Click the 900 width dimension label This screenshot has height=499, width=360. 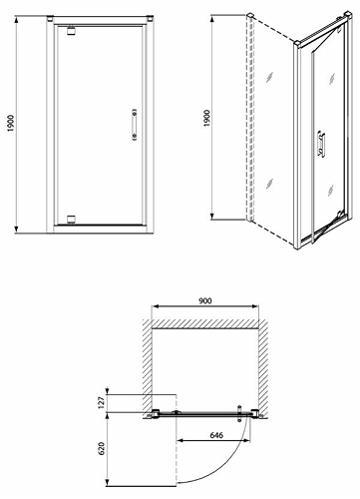pos(205,300)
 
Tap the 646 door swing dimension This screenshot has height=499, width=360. pos(216,435)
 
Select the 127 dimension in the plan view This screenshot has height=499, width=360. pos(102,402)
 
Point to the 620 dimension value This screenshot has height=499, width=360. pos(102,448)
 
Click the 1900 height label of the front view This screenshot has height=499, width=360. pos(11,123)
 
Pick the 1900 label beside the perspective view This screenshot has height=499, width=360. pos(206,118)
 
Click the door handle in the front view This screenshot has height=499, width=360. pos(135,125)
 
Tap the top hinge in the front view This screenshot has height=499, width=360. pos(72,30)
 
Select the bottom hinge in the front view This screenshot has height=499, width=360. pos(72,220)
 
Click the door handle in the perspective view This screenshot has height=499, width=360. pos(321,144)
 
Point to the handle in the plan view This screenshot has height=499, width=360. pos(239,413)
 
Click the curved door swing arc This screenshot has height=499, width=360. pos(226,467)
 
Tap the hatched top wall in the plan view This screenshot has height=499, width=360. pos(205,324)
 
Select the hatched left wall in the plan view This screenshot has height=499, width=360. pos(148,365)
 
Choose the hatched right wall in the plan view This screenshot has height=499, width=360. pos(263,365)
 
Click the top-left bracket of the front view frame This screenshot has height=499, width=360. pos(50,18)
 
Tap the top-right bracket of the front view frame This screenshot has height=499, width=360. pos(150,18)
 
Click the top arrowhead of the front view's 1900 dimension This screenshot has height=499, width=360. pos(16,19)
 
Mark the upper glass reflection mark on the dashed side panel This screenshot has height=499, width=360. pos(269,77)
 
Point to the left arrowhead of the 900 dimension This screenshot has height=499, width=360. pos(155,306)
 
